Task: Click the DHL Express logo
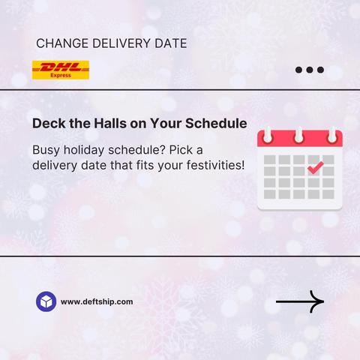pyautogui.click(x=61, y=70)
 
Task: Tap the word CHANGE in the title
pyautogui.click(x=62, y=43)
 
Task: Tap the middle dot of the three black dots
pyautogui.click(x=310, y=70)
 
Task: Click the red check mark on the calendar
pyautogui.click(x=316, y=168)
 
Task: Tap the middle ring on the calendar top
pyautogui.click(x=299, y=135)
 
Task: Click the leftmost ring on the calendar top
pyautogui.click(x=268, y=135)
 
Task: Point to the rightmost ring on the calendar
pyautogui.click(x=332, y=135)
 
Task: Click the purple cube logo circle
pyautogui.click(x=46, y=301)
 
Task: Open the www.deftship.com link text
pyautogui.click(x=97, y=301)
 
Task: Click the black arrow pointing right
pyautogui.click(x=300, y=301)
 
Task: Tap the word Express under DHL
pyautogui.click(x=61, y=75)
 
